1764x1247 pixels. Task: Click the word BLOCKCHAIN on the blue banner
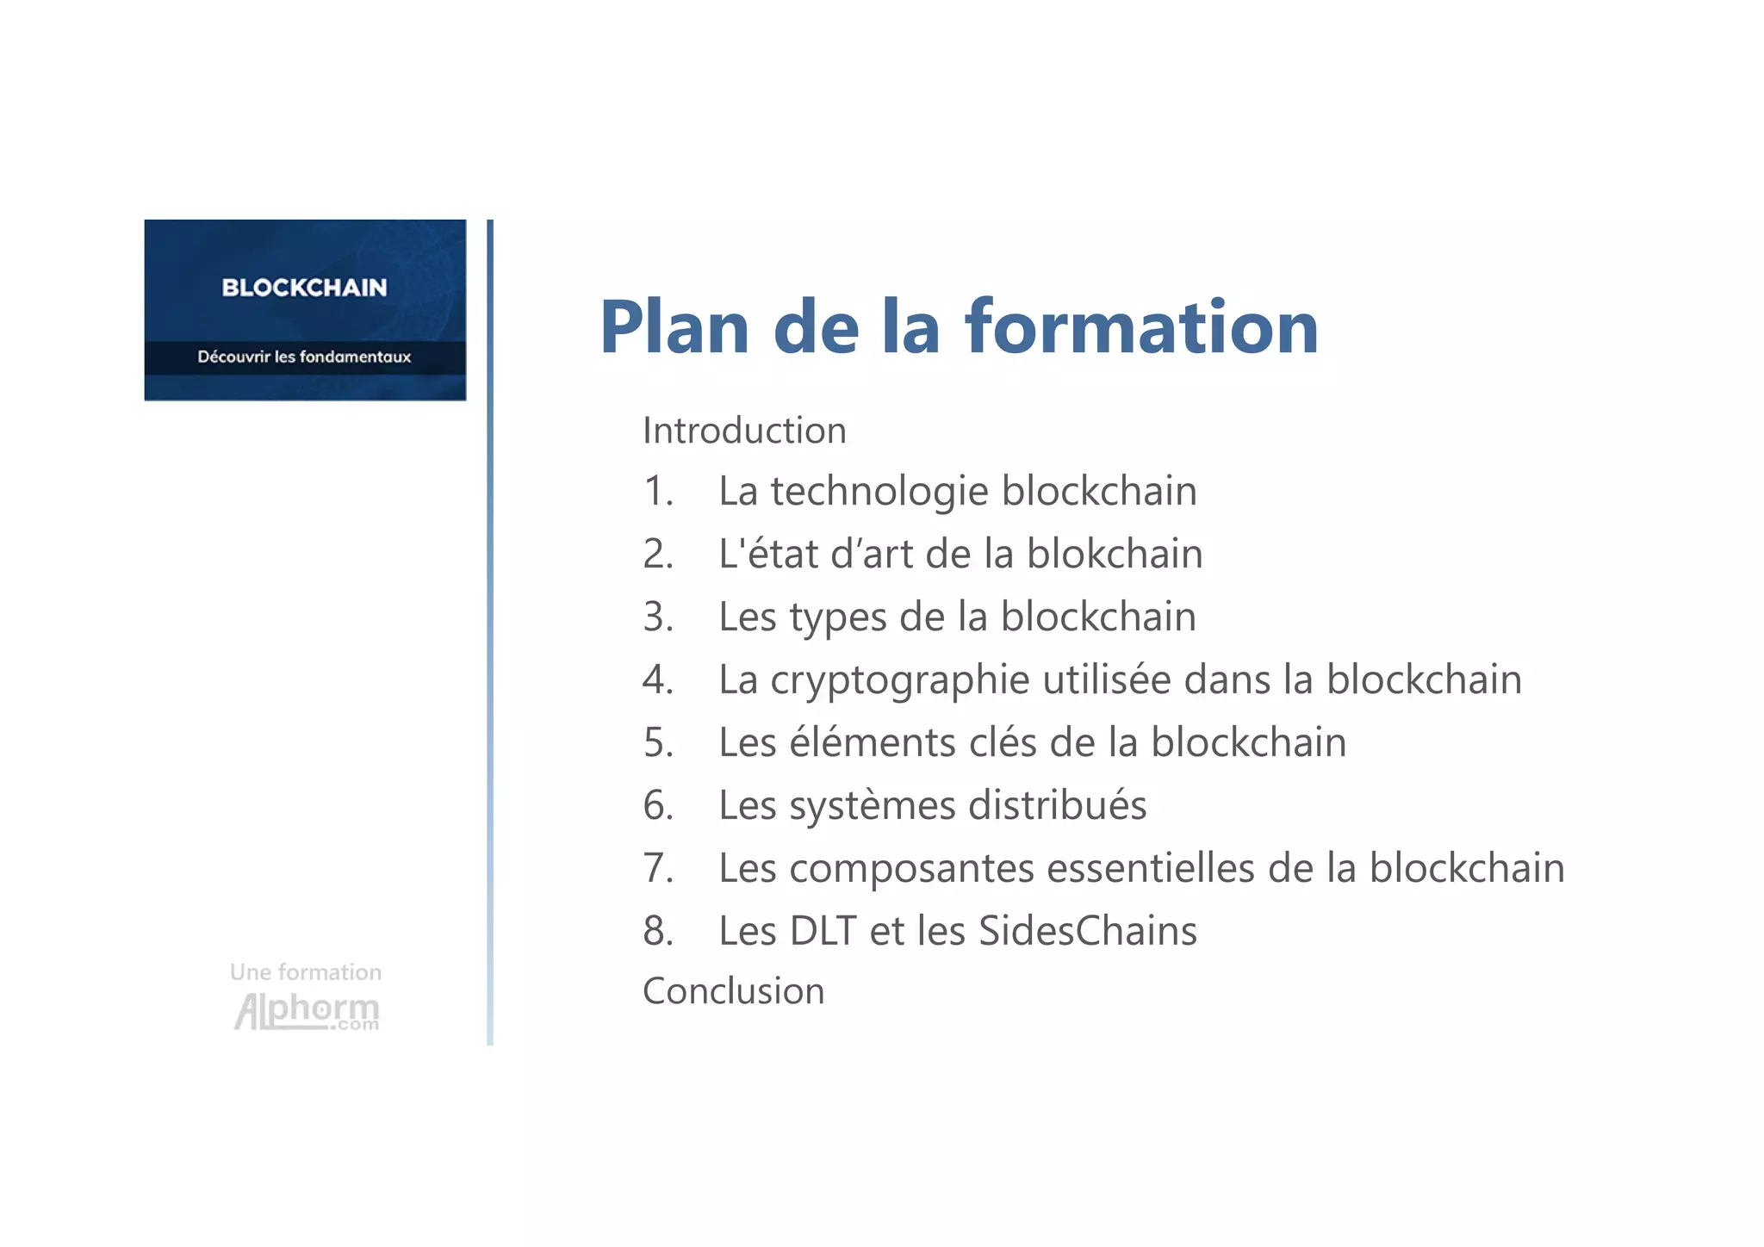tap(304, 288)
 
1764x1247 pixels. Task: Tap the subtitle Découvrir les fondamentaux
tap(304, 357)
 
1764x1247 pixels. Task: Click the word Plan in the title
tap(674, 327)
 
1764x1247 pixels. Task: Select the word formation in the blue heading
tap(1141, 327)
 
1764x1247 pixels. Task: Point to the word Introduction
tap(744, 431)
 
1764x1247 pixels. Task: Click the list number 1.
tap(658, 492)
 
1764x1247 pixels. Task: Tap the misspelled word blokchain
tap(1115, 554)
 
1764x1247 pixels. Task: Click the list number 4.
tap(658, 680)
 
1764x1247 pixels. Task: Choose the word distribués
tap(1057, 806)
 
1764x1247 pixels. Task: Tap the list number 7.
tap(658, 868)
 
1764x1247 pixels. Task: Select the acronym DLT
tap(823, 931)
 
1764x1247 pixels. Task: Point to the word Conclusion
tap(733, 991)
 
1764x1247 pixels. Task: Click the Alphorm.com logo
tap(306, 1011)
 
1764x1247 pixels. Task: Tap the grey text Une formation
tap(306, 972)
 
